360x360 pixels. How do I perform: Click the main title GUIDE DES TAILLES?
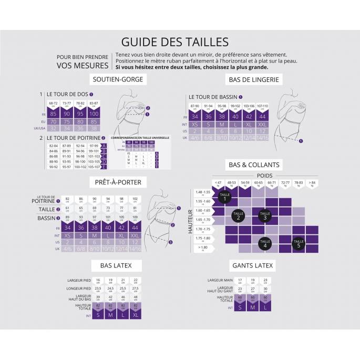(x=174, y=42)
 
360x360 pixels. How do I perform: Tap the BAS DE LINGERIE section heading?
(x=253, y=79)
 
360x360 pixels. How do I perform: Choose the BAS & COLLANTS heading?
(x=253, y=164)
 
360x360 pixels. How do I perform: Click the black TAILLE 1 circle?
(x=224, y=198)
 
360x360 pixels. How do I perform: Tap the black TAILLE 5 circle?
(x=299, y=243)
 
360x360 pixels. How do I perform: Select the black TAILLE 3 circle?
(x=265, y=215)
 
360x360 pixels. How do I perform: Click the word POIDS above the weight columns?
(x=265, y=176)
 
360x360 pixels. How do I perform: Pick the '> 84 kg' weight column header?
(x=312, y=183)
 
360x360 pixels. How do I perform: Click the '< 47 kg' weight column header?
(x=218, y=183)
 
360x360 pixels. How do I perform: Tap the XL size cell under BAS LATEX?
(x=136, y=315)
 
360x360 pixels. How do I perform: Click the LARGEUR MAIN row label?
(x=220, y=281)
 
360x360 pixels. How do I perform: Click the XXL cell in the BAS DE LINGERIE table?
(x=262, y=124)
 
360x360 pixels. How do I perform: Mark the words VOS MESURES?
(x=83, y=66)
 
